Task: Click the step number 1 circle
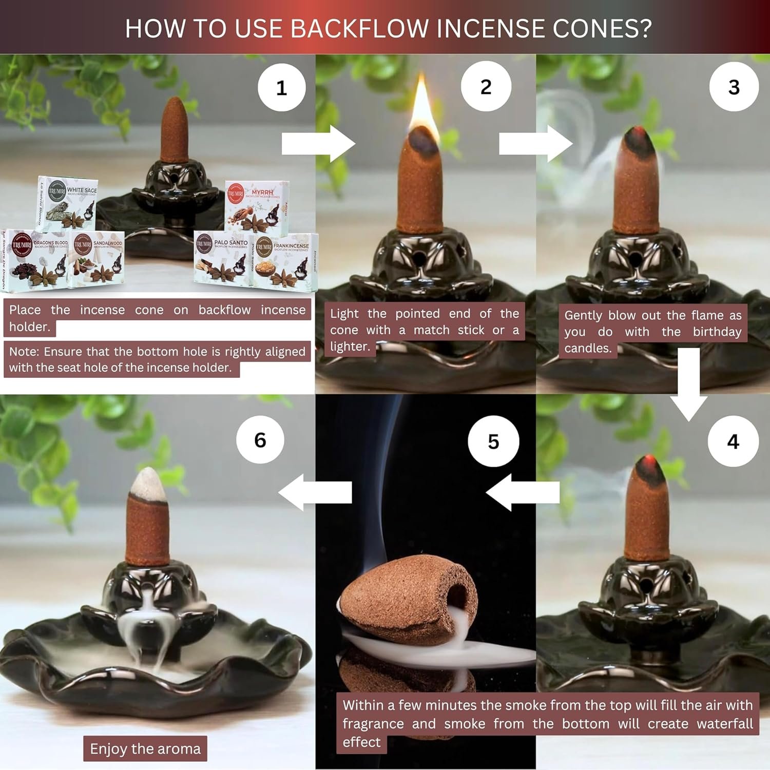click(x=281, y=87)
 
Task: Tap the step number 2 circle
click(x=486, y=86)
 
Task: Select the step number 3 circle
click(x=734, y=86)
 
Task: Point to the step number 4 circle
click(x=733, y=441)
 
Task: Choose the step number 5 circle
click(x=493, y=441)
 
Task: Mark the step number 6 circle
click(x=260, y=439)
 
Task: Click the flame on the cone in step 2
click(x=422, y=105)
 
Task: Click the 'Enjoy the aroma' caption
click(x=145, y=748)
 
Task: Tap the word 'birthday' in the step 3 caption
click(x=717, y=332)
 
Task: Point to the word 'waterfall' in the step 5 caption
click(x=724, y=723)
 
